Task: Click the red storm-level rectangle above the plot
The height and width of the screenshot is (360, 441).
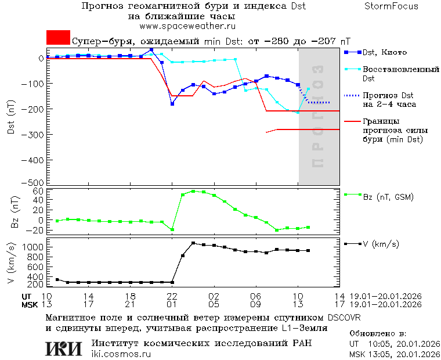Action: coord(58,38)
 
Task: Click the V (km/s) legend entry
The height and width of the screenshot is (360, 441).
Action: coord(380,244)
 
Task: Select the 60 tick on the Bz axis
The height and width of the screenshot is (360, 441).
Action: coord(39,191)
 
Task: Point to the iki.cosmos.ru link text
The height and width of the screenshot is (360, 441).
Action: coord(121,354)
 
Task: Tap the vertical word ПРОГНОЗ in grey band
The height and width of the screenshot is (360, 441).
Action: coord(317,116)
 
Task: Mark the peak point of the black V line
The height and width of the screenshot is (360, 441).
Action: coord(193,243)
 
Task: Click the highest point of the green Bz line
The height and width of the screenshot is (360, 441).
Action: coord(193,191)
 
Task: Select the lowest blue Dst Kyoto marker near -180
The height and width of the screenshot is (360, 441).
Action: coord(172,104)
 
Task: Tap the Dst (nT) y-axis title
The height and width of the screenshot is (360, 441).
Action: coord(11,118)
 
